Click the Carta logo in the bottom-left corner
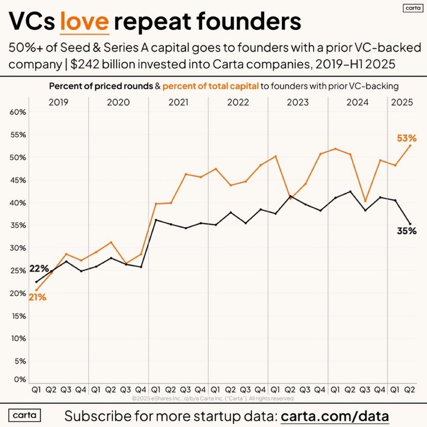25,415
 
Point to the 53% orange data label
406,138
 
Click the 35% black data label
406,231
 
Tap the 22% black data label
39,269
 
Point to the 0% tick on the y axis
19,380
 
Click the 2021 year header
178,102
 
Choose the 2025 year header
402,102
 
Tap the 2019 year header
59,102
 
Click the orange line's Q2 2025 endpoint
410,146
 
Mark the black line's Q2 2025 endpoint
410,224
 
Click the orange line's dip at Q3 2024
365,201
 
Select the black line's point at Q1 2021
156,220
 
